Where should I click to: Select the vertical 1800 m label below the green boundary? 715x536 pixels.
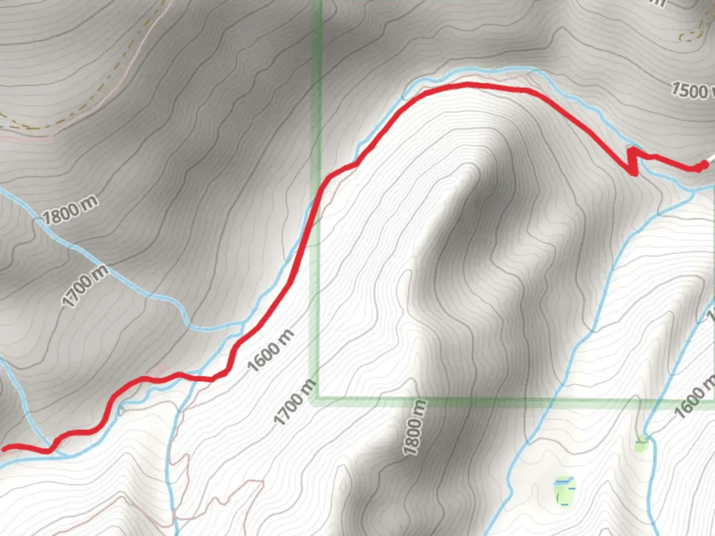(415, 428)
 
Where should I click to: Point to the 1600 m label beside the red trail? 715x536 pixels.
(271, 350)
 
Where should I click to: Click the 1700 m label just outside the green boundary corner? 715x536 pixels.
(295, 402)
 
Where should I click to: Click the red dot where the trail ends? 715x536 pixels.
(702, 166)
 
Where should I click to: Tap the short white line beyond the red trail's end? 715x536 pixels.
(711, 158)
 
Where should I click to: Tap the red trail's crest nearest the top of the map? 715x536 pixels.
(467, 86)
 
